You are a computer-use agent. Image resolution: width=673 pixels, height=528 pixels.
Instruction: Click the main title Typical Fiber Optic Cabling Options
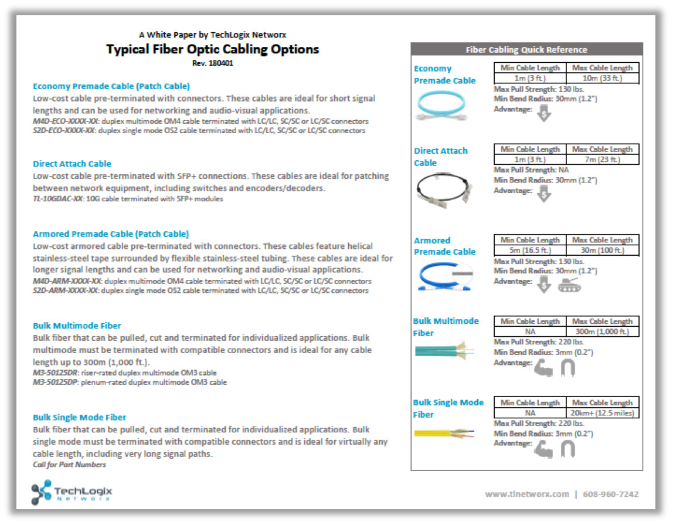coord(212,49)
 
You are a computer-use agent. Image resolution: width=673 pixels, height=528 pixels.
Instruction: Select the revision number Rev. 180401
coord(212,63)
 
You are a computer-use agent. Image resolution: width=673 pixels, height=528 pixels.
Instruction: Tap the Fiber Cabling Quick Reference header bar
coord(526,50)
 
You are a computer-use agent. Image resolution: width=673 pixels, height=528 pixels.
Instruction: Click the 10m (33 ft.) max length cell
coord(602,78)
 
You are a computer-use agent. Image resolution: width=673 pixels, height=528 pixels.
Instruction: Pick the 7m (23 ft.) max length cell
coord(602,160)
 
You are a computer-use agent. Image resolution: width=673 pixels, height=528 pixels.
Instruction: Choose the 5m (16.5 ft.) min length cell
coord(531,251)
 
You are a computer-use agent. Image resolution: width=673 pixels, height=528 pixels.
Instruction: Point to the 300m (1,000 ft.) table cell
coord(602,331)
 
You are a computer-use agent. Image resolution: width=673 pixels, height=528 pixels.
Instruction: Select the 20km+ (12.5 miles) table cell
coord(602,413)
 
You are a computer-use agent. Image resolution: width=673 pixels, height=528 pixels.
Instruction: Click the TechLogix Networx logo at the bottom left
coord(72,492)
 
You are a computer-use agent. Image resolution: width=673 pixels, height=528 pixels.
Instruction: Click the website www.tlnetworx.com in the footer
coord(526,494)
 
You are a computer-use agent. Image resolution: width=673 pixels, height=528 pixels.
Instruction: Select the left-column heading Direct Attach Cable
coord(72,164)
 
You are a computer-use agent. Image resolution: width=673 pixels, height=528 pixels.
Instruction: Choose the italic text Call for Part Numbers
coord(70,465)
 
